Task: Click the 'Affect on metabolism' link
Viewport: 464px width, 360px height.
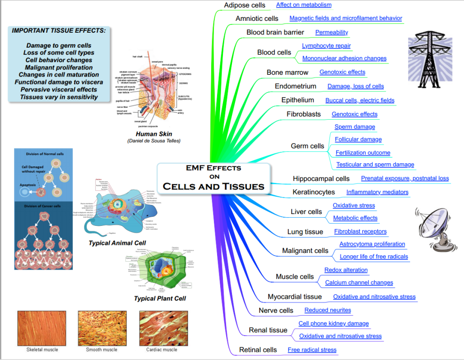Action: pos(304,5)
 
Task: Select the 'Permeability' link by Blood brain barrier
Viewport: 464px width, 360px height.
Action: pos(332,32)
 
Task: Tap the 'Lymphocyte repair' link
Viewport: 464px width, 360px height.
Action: pos(326,46)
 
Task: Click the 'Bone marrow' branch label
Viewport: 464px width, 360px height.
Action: pos(287,73)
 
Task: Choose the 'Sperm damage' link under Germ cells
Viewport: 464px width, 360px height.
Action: pos(355,127)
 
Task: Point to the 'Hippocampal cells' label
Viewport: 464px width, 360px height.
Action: pos(321,179)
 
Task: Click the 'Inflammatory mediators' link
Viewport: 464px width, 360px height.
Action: pos(377,192)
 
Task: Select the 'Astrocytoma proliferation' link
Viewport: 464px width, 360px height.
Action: pos(372,244)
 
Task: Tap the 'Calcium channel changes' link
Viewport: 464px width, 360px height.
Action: pos(359,282)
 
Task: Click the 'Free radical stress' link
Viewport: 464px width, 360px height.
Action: pos(312,350)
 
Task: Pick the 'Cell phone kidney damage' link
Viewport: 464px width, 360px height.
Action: pos(333,324)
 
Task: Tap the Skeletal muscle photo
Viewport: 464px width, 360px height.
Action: pos(42,328)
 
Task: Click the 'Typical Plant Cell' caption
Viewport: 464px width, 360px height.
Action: pos(160,298)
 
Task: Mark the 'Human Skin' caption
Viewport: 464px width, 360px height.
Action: pos(154,134)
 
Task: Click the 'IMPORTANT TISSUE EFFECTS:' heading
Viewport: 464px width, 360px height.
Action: pos(59,30)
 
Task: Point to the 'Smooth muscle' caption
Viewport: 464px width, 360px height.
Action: pos(101,350)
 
